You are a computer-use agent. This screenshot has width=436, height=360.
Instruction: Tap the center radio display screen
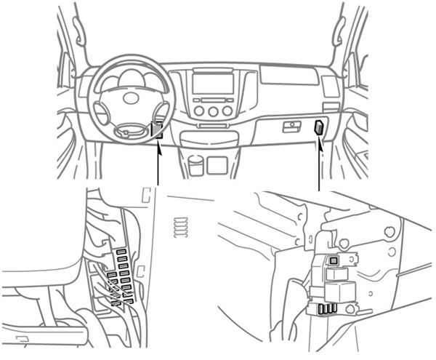pyautogui.click(x=213, y=84)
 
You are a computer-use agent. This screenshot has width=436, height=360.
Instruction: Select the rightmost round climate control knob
pyautogui.click(x=227, y=111)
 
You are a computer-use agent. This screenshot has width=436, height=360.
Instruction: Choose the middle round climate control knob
pyautogui.click(x=214, y=111)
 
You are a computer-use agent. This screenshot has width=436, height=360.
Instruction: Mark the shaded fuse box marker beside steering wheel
pyautogui.click(x=156, y=130)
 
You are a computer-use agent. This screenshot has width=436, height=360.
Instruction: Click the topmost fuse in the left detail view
pyautogui.click(x=122, y=252)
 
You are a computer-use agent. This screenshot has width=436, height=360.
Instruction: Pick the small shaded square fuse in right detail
pyautogui.click(x=334, y=260)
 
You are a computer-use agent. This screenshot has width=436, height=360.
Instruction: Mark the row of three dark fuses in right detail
pyautogui.click(x=326, y=308)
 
